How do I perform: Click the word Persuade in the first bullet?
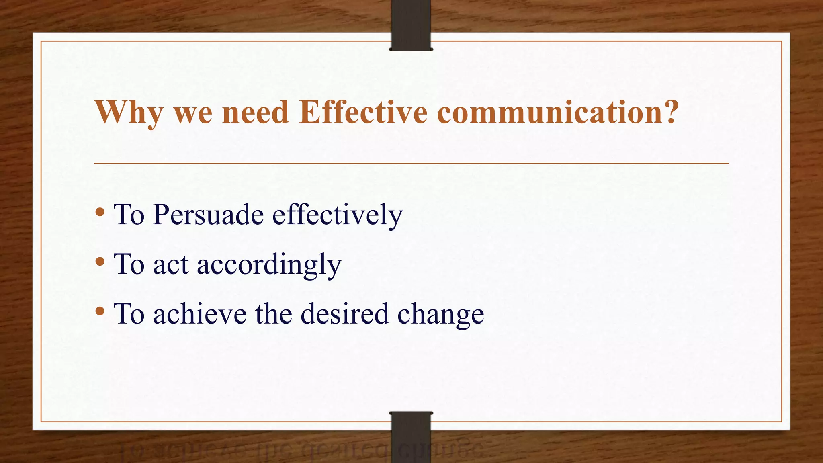tap(208, 215)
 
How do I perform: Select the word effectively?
tap(337, 215)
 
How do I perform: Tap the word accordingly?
tap(269, 265)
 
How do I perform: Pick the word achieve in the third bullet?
tap(200, 314)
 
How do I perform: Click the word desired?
tap(345, 314)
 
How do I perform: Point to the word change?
tap(440, 315)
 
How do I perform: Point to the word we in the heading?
tap(192, 113)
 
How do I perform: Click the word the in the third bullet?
tap(273, 314)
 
